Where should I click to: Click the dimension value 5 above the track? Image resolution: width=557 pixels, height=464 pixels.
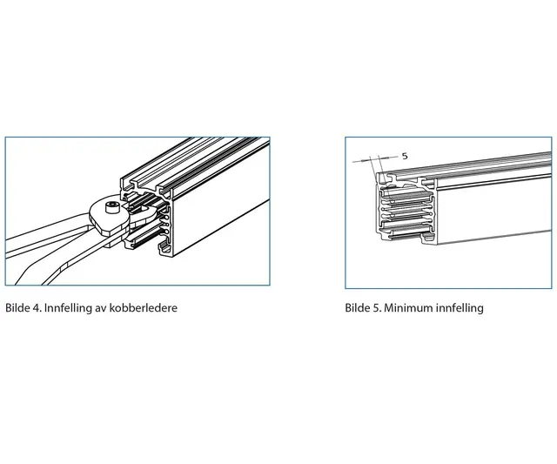tap(405, 155)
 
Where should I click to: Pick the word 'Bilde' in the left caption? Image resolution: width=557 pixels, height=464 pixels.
tap(18, 308)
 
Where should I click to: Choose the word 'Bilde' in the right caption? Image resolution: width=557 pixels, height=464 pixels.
tap(359, 308)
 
